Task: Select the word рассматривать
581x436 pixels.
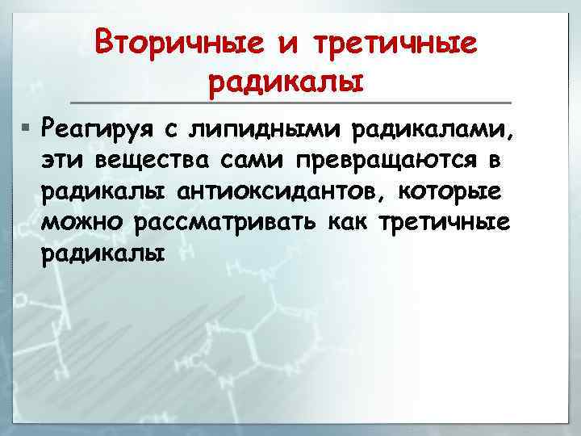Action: [x=223, y=222]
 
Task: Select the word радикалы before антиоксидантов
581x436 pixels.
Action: [x=105, y=191]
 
